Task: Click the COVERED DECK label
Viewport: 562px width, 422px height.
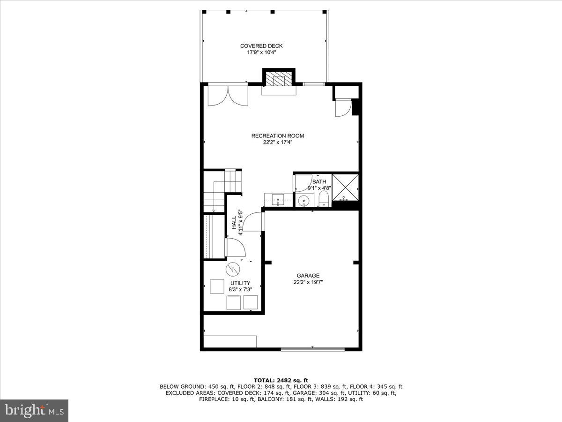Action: click(x=261, y=46)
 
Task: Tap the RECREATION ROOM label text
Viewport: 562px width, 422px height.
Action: click(x=277, y=136)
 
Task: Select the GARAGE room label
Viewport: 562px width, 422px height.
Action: click(x=308, y=276)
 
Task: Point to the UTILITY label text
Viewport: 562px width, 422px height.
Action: click(x=240, y=283)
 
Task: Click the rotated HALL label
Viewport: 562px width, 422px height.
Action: click(x=234, y=222)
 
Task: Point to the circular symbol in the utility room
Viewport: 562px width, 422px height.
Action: click(x=232, y=269)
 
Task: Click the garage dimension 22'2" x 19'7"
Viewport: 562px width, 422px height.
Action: click(x=308, y=282)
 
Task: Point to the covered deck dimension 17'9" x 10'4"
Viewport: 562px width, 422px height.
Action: click(x=261, y=53)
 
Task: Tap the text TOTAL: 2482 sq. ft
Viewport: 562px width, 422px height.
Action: click(x=281, y=380)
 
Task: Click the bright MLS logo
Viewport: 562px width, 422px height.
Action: click(x=34, y=411)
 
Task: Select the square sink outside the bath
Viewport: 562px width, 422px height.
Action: click(x=278, y=200)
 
